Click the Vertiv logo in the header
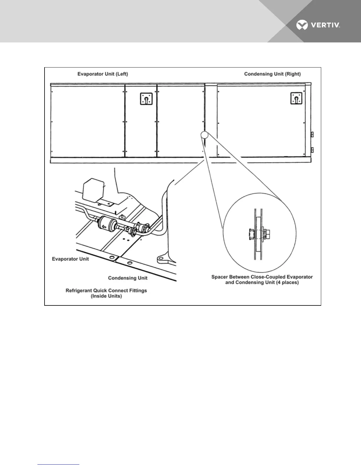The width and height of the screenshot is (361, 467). (318, 25)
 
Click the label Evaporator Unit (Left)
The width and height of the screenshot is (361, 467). (103, 74)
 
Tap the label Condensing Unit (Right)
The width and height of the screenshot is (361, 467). (272, 74)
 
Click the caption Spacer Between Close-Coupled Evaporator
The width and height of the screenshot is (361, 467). (262, 277)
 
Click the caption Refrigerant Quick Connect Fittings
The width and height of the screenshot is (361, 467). (106, 291)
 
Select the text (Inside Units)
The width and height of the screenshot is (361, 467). (106, 296)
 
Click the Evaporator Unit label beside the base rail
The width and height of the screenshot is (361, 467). (70, 259)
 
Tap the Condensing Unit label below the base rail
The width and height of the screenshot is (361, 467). (128, 278)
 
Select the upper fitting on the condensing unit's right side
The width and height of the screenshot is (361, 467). (312, 135)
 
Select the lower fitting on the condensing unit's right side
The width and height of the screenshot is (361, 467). (312, 150)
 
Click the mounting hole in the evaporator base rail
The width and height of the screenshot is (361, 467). (112, 258)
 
